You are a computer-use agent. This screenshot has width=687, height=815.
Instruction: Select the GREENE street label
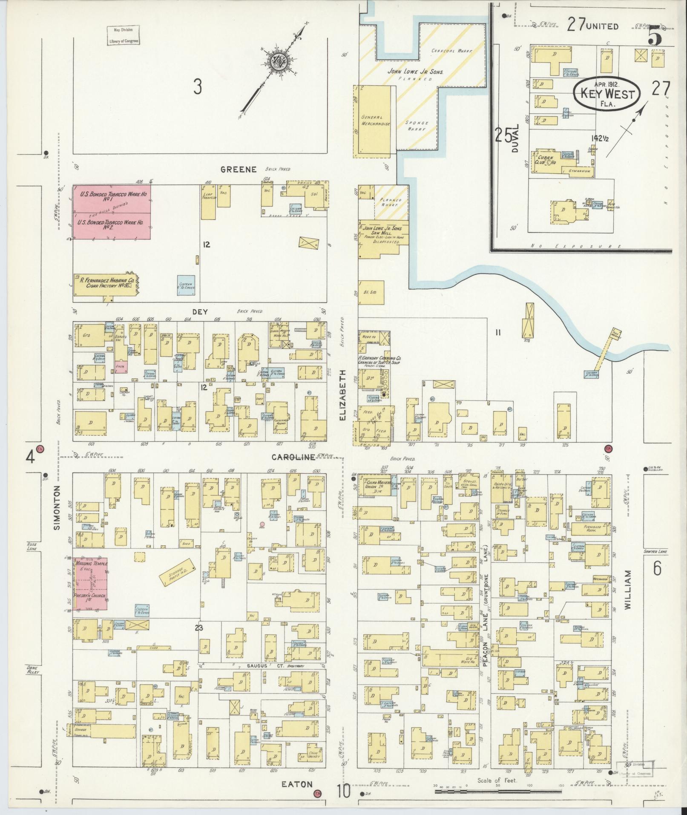tap(239, 170)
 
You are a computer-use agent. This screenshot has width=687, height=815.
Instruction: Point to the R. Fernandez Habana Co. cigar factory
tap(106, 284)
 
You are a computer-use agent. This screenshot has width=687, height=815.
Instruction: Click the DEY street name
tap(200, 312)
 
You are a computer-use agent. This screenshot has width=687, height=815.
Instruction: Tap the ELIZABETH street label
tap(342, 395)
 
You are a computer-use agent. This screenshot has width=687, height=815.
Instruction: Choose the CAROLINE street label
tap(293, 457)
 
